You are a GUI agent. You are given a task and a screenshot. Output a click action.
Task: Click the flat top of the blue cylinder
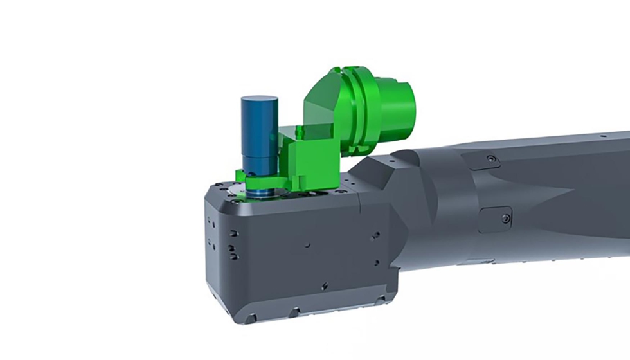[259, 101]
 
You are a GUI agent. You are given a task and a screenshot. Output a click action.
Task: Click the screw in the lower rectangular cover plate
[506, 219]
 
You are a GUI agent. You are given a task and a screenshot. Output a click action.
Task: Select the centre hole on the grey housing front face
[307, 244]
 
